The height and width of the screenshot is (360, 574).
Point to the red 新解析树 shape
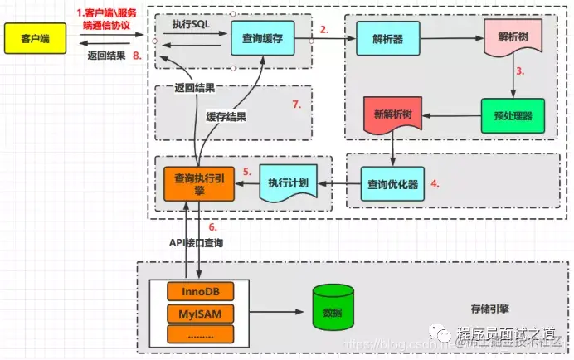tap(393, 116)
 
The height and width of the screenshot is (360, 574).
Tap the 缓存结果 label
tap(226, 117)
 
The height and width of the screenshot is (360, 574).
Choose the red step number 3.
tap(520, 71)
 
